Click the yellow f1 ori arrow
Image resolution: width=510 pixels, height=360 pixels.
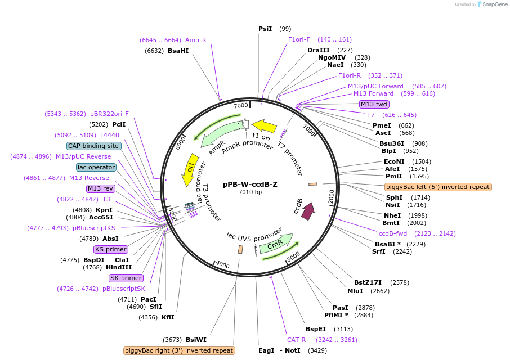(x=264, y=126)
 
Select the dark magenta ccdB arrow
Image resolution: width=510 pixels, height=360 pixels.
(x=307, y=211)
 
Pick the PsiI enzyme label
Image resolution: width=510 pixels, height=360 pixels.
(x=265, y=29)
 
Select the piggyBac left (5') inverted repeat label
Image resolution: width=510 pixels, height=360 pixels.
(x=438, y=187)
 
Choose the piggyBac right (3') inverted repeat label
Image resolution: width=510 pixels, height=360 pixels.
(x=179, y=350)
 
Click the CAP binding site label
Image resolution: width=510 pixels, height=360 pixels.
(x=93, y=146)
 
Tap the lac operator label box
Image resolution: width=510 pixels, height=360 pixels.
(x=96, y=167)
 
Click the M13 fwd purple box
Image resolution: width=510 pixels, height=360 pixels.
(x=374, y=104)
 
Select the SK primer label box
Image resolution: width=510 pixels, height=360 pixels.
(x=126, y=278)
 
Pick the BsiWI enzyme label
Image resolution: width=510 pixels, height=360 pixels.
(x=196, y=340)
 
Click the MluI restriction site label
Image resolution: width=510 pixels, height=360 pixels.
(x=355, y=291)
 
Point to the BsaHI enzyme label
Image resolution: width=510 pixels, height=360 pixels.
(x=178, y=51)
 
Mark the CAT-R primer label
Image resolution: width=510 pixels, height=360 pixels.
(x=296, y=340)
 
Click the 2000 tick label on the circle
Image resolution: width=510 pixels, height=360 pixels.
(x=332, y=196)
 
